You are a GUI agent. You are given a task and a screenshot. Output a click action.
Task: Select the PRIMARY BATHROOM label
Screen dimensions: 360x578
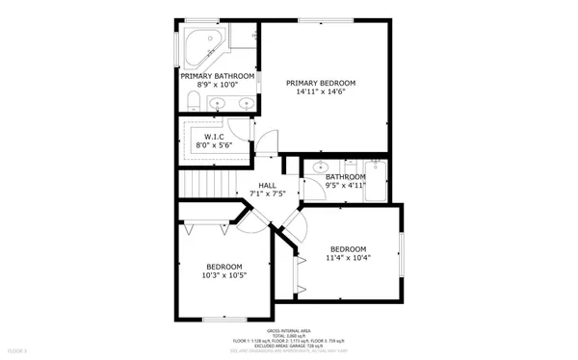click(217, 75)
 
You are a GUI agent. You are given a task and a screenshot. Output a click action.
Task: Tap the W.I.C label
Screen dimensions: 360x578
click(214, 136)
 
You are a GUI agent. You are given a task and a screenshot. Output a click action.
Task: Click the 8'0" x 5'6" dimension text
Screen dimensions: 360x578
click(214, 145)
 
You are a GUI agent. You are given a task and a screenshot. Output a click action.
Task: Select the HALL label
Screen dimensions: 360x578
click(267, 185)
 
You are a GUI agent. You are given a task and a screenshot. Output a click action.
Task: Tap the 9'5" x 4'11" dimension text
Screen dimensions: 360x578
click(345, 187)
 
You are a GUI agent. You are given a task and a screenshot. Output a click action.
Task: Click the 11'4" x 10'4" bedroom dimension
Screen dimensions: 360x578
click(348, 257)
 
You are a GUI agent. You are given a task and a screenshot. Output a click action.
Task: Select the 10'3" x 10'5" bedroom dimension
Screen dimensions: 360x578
click(223, 275)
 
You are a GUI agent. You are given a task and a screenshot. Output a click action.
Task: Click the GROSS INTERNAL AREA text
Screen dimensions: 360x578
click(289, 330)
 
